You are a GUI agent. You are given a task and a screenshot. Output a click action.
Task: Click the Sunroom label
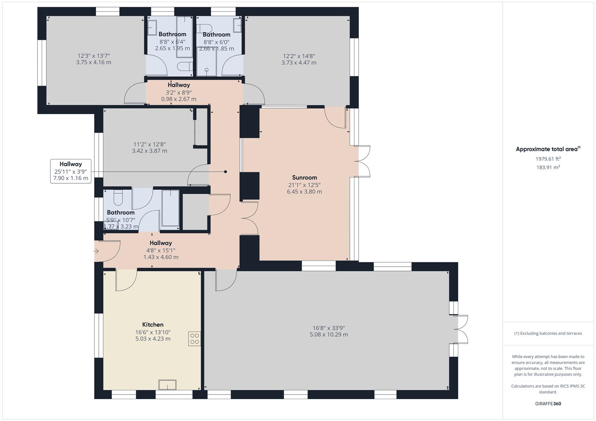pyautogui.click(x=304, y=177)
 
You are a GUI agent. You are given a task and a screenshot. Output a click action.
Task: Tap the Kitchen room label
pyautogui.click(x=153, y=324)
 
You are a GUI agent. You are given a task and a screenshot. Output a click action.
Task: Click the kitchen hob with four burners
pyautogui.click(x=194, y=339)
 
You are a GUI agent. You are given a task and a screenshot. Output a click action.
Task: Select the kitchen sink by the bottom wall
pyautogui.click(x=167, y=385)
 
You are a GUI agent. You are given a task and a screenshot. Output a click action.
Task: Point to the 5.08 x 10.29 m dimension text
pyautogui.click(x=329, y=334)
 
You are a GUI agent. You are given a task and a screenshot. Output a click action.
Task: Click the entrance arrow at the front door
pyautogui.click(x=96, y=251)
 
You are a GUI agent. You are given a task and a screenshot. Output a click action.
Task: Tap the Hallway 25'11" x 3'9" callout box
pyautogui.click(x=71, y=171)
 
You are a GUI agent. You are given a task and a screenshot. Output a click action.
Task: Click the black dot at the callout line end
pyautogui.click(x=225, y=172)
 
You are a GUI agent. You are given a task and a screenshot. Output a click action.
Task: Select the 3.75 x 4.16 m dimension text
pyautogui.click(x=94, y=62)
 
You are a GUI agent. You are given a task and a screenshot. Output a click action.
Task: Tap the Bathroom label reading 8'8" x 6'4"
pyautogui.click(x=172, y=34)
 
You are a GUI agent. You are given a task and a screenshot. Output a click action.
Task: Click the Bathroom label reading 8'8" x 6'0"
pyautogui.click(x=216, y=35)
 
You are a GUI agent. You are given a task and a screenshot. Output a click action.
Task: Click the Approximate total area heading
pyautogui.click(x=548, y=149)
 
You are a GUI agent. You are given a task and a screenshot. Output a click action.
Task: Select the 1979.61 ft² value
pyautogui.click(x=548, y=159)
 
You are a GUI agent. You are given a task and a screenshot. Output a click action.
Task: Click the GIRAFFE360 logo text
pyautogui.click(x=548, y=403)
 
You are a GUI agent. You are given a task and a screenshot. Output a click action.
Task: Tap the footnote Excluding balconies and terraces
pyautogui.click(x=548, y=333)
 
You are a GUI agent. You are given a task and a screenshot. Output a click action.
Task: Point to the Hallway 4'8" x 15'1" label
pyautogui.click(x=160, y=243)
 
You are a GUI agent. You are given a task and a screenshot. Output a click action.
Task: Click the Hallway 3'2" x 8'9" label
pyautogui.click(x=179, y=85)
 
